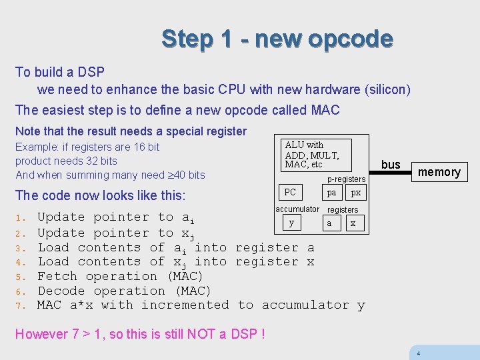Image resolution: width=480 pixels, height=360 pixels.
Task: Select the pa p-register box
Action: (x=331, y=193)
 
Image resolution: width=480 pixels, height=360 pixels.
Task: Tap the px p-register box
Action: (x=356, y=193)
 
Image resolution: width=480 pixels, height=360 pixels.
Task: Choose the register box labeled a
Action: (x=329, y=223)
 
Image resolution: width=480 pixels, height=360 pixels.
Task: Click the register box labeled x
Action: (x=353, y=223)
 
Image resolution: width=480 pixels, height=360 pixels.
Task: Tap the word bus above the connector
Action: (x=391, y=164)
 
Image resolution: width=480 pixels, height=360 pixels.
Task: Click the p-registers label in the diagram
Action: (x=346, y=179)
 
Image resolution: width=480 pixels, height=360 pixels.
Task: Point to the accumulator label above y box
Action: (x=297, y=209)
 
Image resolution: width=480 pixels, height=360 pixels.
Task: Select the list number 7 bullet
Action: (x=20, y=305)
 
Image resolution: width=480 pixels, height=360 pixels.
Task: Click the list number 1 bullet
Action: (x=20, y=217)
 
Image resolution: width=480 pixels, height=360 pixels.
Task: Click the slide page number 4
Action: (x=418, y=353)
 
